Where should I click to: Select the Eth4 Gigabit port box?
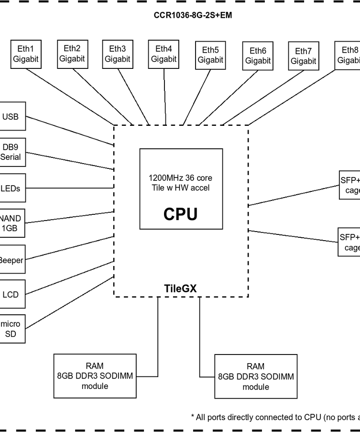pyautogui.click(x=164, y=54)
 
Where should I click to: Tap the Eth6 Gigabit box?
pyautogui.click(x=258, y=56)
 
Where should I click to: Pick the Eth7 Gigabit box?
pyautogui.click(x=303, y=56)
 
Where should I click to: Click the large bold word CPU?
pyautogui.click(x=180, y=214)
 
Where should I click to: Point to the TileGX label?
pyautogui.click(x=180, y=288)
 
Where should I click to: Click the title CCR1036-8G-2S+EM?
pyautogui.click(x=193, y=15)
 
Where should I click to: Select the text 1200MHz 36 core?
pyautogui.click(x=181, y=177)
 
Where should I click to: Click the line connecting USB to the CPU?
pyautogui.click(x=69, y=130)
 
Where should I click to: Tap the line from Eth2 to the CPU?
pyautogui.click(x=103, y=96)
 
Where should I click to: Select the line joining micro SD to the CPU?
pyautogui.click(x=69, y=302)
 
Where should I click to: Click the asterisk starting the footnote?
pyautogui.click(x=192, y=416)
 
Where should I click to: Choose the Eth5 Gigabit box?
pyautogui.click(x=210, y=55)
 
